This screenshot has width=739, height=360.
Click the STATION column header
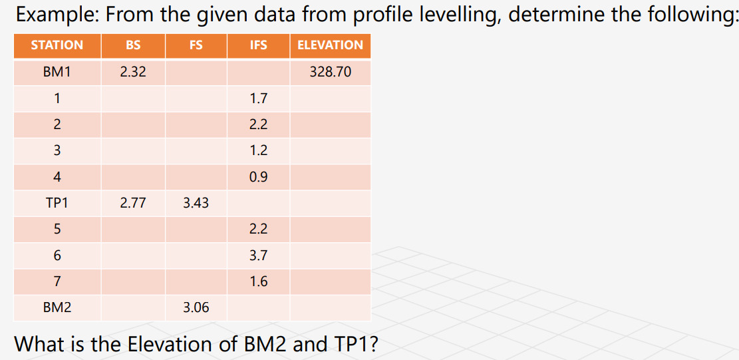point(57,45)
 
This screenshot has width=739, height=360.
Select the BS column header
point(133,45)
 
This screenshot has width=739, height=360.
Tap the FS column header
point(196,45)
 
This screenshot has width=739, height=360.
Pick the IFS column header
point(258,45)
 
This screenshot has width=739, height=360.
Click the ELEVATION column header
point(330,45)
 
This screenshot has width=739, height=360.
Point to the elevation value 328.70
point(331,72)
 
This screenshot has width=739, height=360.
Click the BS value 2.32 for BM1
point(133,72)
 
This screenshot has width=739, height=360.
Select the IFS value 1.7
point(258,98)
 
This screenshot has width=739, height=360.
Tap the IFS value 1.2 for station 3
point(258,150)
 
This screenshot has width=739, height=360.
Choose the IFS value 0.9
point(258,177)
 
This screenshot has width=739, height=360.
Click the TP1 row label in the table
point(57,203)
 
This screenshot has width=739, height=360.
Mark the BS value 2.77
point(133,203)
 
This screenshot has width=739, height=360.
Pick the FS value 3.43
point(196,203)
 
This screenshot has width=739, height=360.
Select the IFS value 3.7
point(258,256)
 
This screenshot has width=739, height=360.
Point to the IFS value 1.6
point(258,281)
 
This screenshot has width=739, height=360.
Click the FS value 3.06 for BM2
point(196,307)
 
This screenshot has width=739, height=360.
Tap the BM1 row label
point(57,72)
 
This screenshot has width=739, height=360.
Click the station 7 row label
point(57,281)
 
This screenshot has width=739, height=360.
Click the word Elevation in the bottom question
point(170,344)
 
